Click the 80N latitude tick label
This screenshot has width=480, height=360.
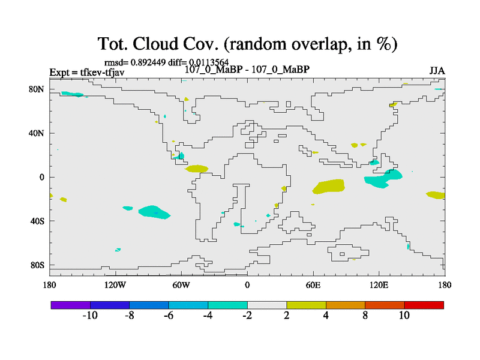(37, 89)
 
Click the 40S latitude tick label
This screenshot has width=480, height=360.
(37, 221)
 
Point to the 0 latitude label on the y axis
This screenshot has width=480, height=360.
(42, 177)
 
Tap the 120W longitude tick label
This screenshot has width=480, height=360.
(115, 285)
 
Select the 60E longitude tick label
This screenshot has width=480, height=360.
(313, 285)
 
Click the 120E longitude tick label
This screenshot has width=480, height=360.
(379, 285)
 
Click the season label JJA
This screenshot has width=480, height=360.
(437, 71)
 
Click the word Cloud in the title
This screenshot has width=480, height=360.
(155, 43)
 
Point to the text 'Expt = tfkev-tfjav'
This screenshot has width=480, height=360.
(87, 73)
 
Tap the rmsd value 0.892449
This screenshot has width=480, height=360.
(148, 62)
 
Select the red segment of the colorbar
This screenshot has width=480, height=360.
(424, 305)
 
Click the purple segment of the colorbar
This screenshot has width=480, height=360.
(71, 305)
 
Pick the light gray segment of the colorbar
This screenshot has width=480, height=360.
(267, 305)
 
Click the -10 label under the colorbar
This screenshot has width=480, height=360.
(90, 316)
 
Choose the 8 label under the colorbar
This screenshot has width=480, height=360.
(365, 316)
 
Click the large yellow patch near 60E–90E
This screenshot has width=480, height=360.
(329, 187)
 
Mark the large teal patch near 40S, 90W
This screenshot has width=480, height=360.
(154, 212)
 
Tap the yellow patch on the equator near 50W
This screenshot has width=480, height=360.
(197, 169)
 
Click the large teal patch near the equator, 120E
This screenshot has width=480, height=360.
(383, 179)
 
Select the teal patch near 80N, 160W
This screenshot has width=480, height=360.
(73, 94)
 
